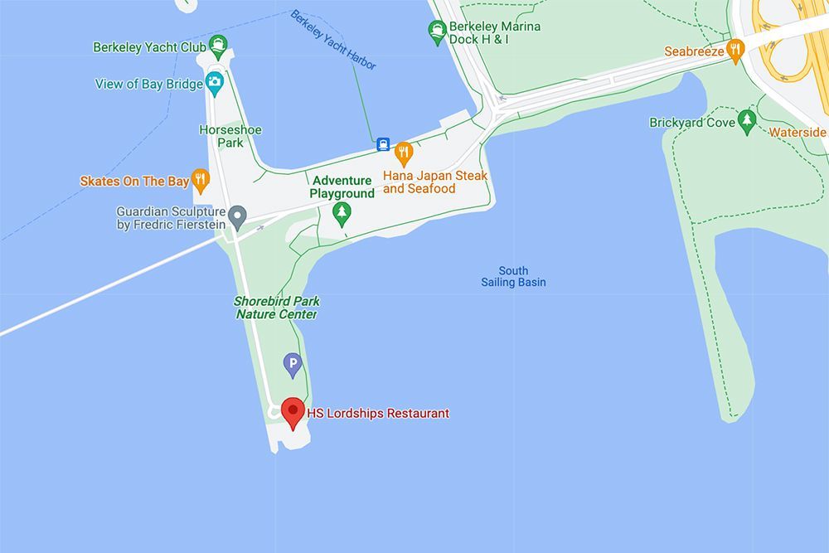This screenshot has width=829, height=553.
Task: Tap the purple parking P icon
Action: pos(292,363)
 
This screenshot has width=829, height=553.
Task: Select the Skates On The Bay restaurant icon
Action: pos(200,179)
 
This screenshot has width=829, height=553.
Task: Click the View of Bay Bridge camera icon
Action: pos(215,82)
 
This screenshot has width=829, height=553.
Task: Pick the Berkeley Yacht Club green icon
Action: pos(218,46)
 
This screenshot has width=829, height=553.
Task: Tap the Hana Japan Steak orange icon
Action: pos(404,153)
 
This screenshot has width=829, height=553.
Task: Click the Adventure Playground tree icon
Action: pos(341,213)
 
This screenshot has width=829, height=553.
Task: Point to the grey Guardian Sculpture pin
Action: pos(237,216)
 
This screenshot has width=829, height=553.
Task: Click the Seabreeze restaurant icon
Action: pos(734,50)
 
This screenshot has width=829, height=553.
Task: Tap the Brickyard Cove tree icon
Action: pos(747,121)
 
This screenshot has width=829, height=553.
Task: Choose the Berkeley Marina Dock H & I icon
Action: pos(437,32)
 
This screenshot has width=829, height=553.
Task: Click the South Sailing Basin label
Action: pos(513,277)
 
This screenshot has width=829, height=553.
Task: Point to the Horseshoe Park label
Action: pos(221,136)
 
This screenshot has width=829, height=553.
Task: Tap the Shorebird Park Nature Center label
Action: pos(277,308)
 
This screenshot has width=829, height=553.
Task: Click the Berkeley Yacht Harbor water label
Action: pos(332,40)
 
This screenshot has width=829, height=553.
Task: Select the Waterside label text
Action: pos(797,133)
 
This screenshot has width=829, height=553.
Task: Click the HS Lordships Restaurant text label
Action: pos(378,413)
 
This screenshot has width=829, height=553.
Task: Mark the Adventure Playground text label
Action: pos(342,187)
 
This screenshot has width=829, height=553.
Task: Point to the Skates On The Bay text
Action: pos(134,181)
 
